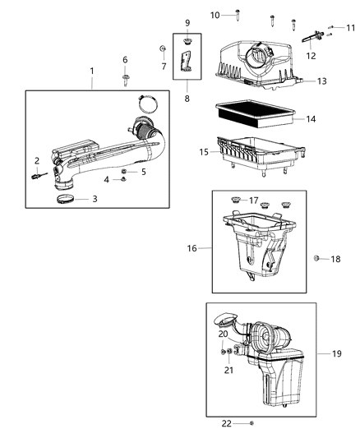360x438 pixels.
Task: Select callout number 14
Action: [310, 119]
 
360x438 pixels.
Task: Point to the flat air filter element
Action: [252, 111]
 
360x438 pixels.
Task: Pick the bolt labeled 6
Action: [125, 80]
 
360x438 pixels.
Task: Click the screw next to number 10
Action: [238, 15]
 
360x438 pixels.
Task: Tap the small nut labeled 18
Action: [316, 259]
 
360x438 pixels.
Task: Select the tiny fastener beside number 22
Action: [251, 423]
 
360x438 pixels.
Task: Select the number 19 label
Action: [337, 353]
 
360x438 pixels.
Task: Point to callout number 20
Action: [223, 334]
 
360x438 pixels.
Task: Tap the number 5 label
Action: [143, 172]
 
